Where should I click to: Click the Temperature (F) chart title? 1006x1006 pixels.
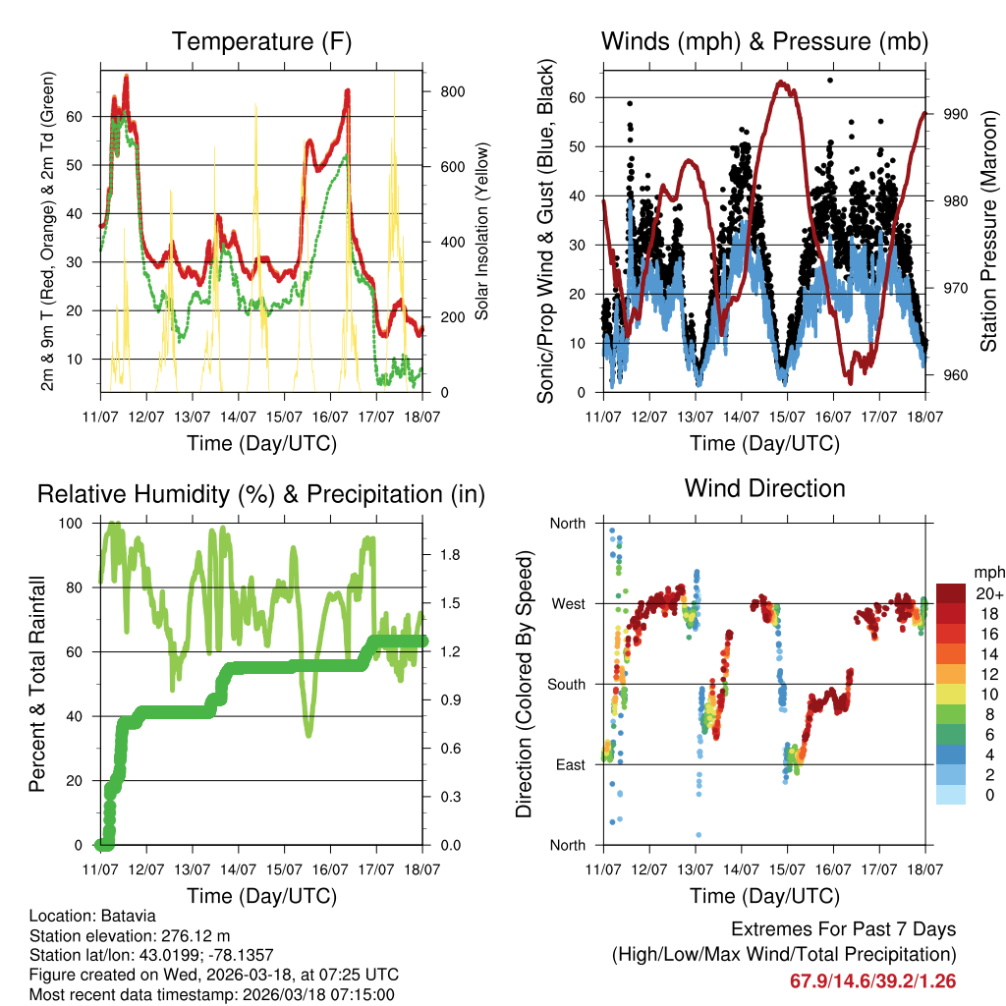click(x=261, y=41)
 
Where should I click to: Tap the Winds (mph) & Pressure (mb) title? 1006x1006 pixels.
click(x=764, y=41)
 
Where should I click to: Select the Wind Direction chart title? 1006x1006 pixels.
click(x=764, y=488)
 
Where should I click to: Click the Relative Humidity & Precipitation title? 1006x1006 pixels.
click(x=261, y=494)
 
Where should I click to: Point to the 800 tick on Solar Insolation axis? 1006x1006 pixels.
click(x=451, y=91)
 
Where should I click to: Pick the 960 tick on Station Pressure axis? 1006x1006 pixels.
click(x=955, y=375)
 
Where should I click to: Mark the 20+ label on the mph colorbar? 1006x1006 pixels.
click(x=989, y=593)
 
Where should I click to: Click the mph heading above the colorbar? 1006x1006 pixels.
click(x=988, y=572)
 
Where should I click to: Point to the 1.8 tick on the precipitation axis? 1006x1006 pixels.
click(x=451, y=555)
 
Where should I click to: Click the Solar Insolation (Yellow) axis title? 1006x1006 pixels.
click(x=481, y=231)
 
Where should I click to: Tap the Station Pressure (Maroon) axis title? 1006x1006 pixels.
click(x=988, y=231)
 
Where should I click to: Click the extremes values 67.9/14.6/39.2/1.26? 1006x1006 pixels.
click(x=872, y=980)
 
